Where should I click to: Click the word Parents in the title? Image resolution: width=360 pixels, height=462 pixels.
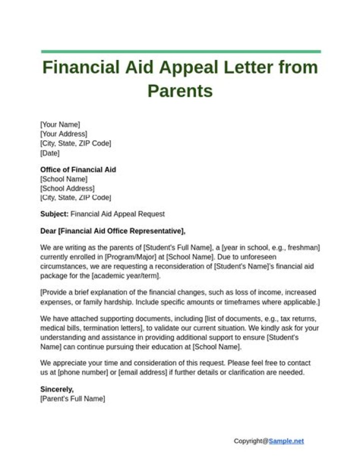(x=180, y=91)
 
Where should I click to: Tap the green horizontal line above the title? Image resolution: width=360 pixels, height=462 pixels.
(x=180, y=51)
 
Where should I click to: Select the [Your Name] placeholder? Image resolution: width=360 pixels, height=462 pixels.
(x=60, y=124)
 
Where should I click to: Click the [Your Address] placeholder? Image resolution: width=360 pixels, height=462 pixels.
(x=63, y=134)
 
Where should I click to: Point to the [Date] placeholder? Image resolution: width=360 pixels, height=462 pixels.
(x=49, y=153)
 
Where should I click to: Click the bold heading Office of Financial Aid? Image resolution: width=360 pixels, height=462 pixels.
(x=78, y=170)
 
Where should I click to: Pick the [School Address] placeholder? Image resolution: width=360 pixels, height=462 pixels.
(x=67, y=188)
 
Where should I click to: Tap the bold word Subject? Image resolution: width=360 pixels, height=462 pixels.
(x=54, y=214)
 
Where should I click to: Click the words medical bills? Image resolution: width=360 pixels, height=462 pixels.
(x=60, y=328)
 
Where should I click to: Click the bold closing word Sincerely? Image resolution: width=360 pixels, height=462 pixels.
(x=57, y=389)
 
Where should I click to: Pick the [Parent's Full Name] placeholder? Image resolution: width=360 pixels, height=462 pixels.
(x=72, y=399)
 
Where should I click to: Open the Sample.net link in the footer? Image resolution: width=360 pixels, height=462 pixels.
(x=286, y=441)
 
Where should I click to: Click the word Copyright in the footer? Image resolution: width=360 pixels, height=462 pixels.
(x=248, y=441)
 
